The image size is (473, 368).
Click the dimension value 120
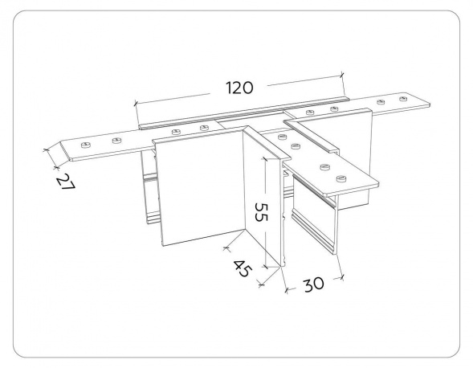point(240,88)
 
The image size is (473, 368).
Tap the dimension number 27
point(66,181)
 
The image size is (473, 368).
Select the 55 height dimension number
point(261,212)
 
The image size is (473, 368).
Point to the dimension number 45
point(242,268)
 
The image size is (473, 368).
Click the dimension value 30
point(314,284)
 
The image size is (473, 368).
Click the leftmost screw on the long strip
point(86,145)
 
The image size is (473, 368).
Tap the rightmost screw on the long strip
point(403,99)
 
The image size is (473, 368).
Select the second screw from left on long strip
point(116,141)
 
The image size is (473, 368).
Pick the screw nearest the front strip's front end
point(341,178)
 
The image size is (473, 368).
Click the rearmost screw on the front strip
point(282,137)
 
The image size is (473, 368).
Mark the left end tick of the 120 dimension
point(136,104)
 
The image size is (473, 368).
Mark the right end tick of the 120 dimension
point(342,75)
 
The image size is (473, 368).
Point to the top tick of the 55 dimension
point(265,158)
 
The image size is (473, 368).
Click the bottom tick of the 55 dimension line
point(265,267)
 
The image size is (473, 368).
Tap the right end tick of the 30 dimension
point(341,277)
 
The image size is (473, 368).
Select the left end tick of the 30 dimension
point(286,290)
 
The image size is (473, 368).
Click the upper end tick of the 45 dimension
point(226,248)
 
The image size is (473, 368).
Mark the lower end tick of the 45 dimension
point(262,284)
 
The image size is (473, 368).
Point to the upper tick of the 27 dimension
point(46,149)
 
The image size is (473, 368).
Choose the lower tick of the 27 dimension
point(55,167)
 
